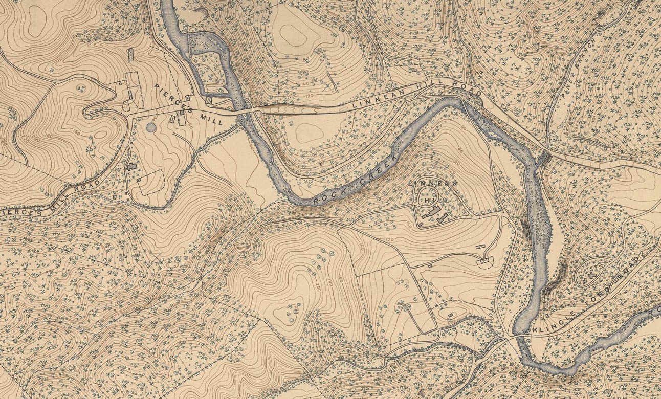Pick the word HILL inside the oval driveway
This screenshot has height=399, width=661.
[432, 201]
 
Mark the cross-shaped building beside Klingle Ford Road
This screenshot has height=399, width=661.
[592, 276]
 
